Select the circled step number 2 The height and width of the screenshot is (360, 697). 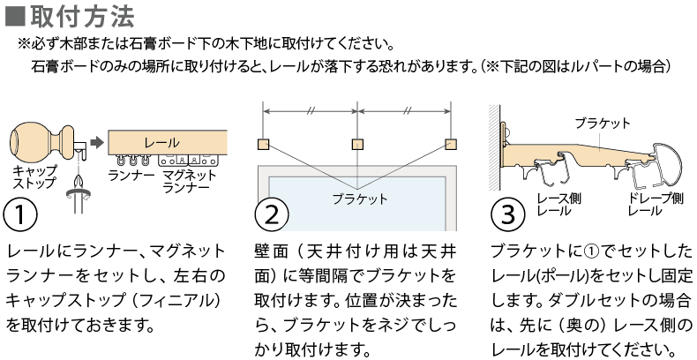(272, 214)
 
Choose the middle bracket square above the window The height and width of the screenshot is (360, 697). (358, 145)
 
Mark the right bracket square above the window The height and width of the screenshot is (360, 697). (452, 145)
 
